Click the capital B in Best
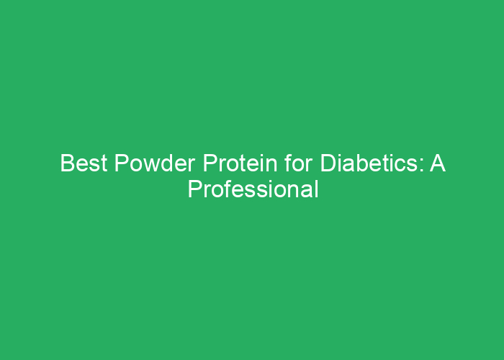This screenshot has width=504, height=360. point(66,164)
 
